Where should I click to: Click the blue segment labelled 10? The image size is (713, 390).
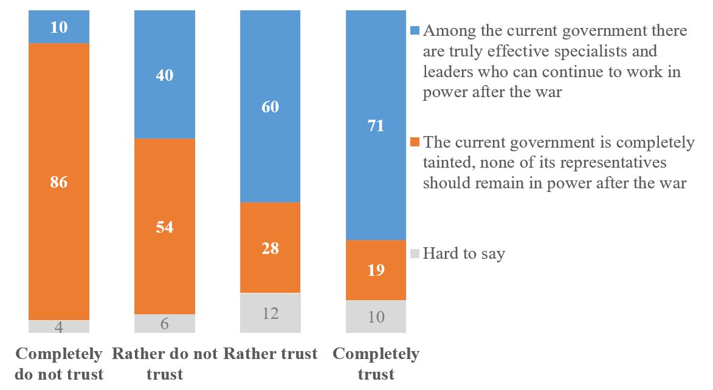[59, 27]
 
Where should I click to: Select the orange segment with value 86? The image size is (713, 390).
[59, 182]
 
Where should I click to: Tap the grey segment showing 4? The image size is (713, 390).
[59, 326]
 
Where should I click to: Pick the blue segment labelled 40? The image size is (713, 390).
[165, 75]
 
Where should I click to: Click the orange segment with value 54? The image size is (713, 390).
[165, 227]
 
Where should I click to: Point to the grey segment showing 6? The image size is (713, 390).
[165, 323]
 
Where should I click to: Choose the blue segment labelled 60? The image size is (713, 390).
[270, 107]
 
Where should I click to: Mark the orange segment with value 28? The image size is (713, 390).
[270, 248]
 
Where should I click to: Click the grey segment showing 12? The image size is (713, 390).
[270, 313]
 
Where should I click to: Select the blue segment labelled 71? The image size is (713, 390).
[376, 126]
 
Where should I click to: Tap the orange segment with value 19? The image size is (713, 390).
[376, 270]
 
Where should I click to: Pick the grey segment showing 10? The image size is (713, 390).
[376, 316]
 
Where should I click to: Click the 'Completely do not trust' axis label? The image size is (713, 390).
[59, 363]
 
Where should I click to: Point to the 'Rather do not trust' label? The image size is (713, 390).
[165, 363]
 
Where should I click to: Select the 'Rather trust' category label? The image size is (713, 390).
[270, 354]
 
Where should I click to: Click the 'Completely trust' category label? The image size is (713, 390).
[376, 363]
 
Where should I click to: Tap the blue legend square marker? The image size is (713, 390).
[415, 30]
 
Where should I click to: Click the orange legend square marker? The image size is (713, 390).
[415, 143]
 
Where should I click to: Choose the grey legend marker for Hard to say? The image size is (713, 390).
[415, 253]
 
